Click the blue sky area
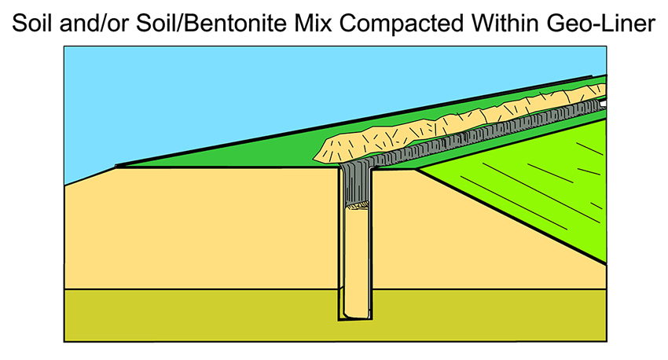coord(196,94)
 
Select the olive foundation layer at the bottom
coord(196,314)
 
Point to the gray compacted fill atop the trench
coord(357,185)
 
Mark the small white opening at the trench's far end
coord(604,102)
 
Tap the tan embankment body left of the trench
coord(196,228)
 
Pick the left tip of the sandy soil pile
coord(316,156)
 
